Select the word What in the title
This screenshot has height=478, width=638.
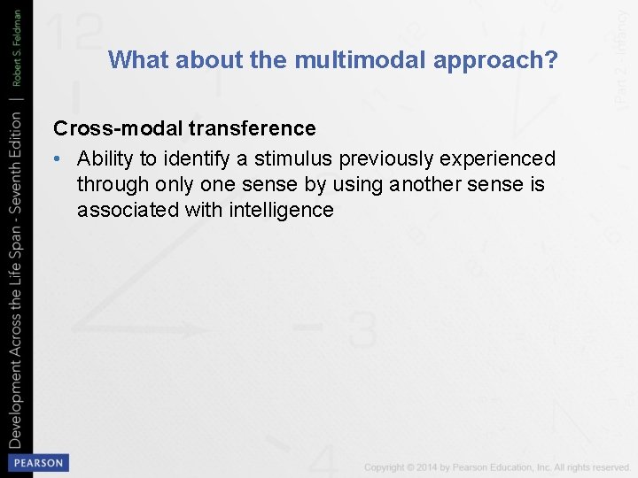click(x=138, y=60)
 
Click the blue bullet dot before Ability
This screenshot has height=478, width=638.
click(x=57, y=159)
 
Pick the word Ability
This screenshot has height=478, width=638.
click(x=105, y=158)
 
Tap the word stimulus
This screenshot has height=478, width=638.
click(x=289, y=158)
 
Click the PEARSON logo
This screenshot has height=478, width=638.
click(x=37, y=462)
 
